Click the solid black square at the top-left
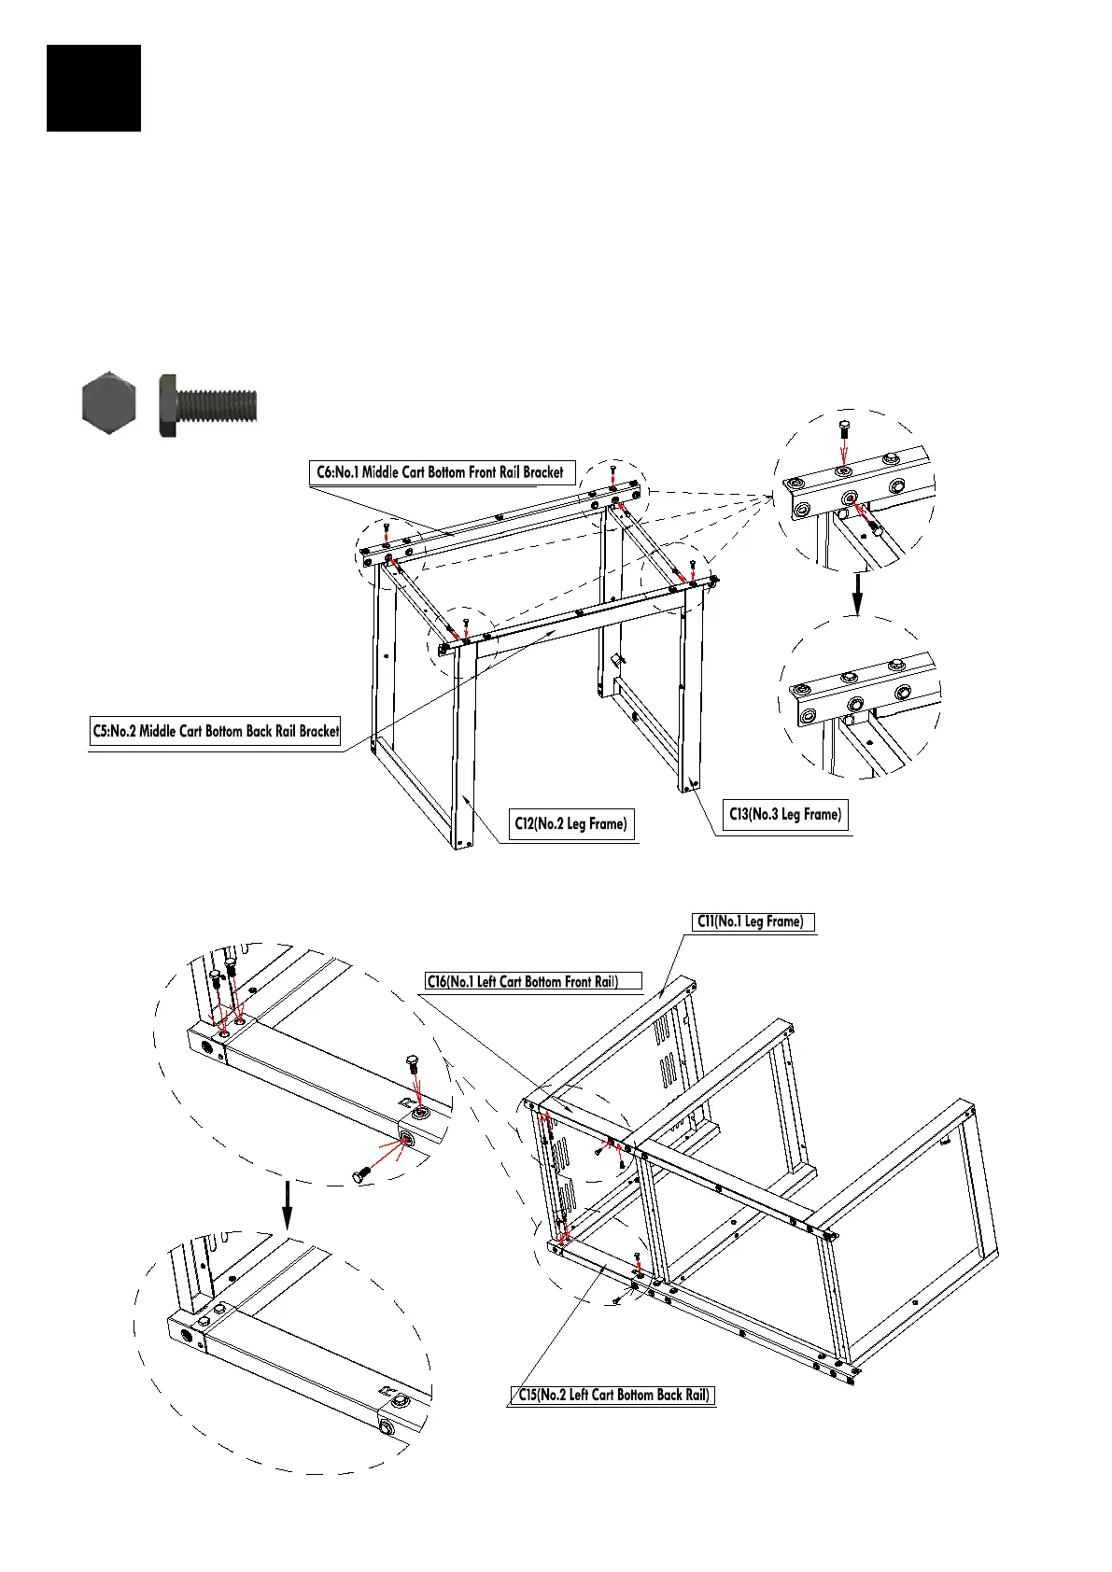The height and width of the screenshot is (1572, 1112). tap(93, 88)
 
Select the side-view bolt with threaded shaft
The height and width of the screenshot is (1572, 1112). tap(207, 405)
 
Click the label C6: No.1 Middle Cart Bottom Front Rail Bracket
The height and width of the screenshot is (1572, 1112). tap(441, 472)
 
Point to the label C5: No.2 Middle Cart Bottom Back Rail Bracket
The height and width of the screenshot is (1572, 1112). tap(216, 732)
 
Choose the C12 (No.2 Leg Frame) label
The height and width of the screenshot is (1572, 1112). tap(570, 823)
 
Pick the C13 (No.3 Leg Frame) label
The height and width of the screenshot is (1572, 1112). tap(785, 814)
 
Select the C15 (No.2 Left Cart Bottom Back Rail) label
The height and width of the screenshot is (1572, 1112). tap(612, 1395)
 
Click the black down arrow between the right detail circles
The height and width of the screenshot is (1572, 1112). tap(857, 593)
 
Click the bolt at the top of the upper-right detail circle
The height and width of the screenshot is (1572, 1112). tap(844, 431)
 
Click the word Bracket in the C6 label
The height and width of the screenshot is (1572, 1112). tap(542, 472)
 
